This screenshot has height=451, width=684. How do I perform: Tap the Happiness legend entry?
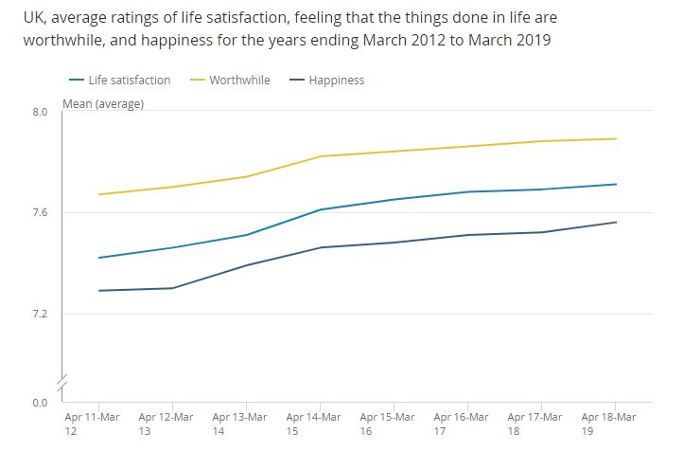pyautogui.click(x=331, y=81)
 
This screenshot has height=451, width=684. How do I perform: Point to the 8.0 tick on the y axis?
pyautogui.click(x=39, y=113)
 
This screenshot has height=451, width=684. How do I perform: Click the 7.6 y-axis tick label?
pyautogui.click(x=39, y=213)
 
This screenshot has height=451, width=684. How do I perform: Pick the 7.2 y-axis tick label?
pyautogui.click(x=39, y=314)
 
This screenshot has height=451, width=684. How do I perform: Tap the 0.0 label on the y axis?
pyautogui.click(x=39, y=403)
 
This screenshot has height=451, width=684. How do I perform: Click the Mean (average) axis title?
pyautogui.click(x=103, y=104)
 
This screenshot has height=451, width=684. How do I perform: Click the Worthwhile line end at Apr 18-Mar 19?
pyautogui.click(x=616, y=139)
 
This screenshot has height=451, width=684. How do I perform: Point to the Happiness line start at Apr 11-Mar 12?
pyautogui.click(x=98, y=291)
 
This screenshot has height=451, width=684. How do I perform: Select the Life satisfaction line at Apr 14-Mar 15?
pyautogui.click(x=321, y=209)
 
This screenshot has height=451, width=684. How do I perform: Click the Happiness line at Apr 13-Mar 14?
pyautogui.click(x=246, y=265)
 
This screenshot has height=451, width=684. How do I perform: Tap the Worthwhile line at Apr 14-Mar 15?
pyautogui.click(x=321, y=156)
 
